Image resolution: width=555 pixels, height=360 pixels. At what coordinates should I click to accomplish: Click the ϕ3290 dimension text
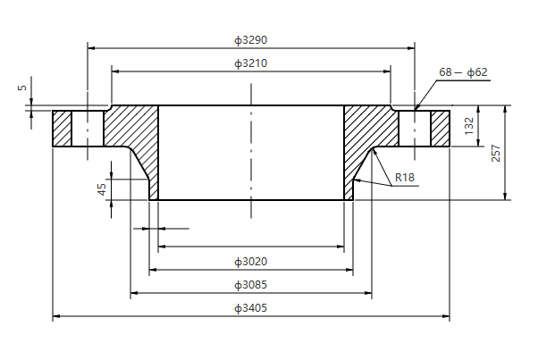pos(251,40)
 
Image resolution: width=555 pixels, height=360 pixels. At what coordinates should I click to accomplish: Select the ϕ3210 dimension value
pos(251,63)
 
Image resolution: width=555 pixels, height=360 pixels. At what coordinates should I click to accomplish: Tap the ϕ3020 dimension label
pos(251,262)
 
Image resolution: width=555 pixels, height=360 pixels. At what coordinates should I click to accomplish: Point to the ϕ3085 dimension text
pos(251,285)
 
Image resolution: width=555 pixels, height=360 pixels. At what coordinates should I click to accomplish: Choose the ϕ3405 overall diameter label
pos(251,308)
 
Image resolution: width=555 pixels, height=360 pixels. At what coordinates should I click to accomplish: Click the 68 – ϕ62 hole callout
pos(463,72)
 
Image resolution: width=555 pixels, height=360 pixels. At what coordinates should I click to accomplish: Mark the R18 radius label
pos(405,178)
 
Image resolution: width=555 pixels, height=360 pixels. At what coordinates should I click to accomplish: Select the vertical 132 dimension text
pos(469,127)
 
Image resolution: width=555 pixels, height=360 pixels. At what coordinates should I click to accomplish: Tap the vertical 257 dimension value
pos(495,153)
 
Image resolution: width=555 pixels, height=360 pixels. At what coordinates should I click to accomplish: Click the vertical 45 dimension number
pos(102,189)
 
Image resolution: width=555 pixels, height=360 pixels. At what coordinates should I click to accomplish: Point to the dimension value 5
pos(21,88)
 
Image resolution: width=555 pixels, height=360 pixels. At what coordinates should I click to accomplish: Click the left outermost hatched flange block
pos(62,129)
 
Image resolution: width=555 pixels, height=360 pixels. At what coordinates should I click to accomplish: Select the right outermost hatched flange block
pos(441,129)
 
